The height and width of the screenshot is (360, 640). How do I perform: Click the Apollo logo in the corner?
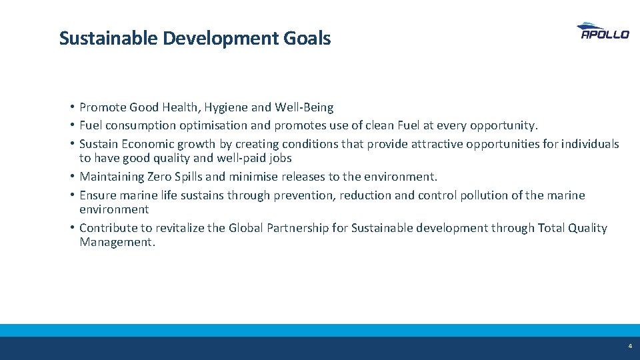tap(602, 31)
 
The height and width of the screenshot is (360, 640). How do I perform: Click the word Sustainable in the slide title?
tap(108, 39)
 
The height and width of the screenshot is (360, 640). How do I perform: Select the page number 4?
tap(629, 347)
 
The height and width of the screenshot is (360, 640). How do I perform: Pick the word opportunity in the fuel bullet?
tap(503, 125)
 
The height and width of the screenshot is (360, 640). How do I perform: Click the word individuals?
tap(590, 144)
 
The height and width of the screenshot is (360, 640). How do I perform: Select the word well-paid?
tap(228, 159)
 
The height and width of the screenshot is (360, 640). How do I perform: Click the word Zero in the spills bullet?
tap(189, 177)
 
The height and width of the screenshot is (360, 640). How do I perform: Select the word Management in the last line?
tap(117, 243)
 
